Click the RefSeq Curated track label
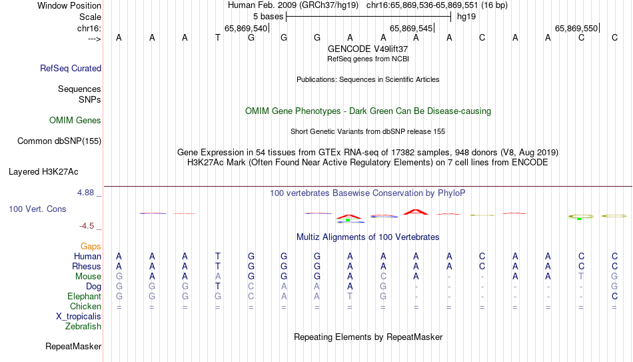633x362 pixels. pos(71,68)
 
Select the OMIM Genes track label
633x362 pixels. pos(75,121)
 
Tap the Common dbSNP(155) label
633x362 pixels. pos(59,141)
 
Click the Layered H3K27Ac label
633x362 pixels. pos(43,172)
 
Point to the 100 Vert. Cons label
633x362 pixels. pos(37,209)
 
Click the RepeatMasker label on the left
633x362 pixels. pos(73,346)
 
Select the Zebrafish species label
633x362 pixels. pos(83,327)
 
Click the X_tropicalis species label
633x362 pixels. pos(79,317)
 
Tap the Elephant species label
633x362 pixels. pos(85,296)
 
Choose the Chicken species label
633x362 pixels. pos(85,306)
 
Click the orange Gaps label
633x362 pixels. pos(91,247)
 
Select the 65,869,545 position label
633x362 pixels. pos(411,28)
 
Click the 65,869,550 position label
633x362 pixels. pos(576,28)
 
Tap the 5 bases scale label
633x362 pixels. pos(268,17)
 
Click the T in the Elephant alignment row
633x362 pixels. pos(350,296)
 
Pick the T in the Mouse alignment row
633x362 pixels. pos(581,277)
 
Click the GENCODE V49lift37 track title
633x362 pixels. pos(368,49)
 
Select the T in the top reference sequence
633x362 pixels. pos(218,37)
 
